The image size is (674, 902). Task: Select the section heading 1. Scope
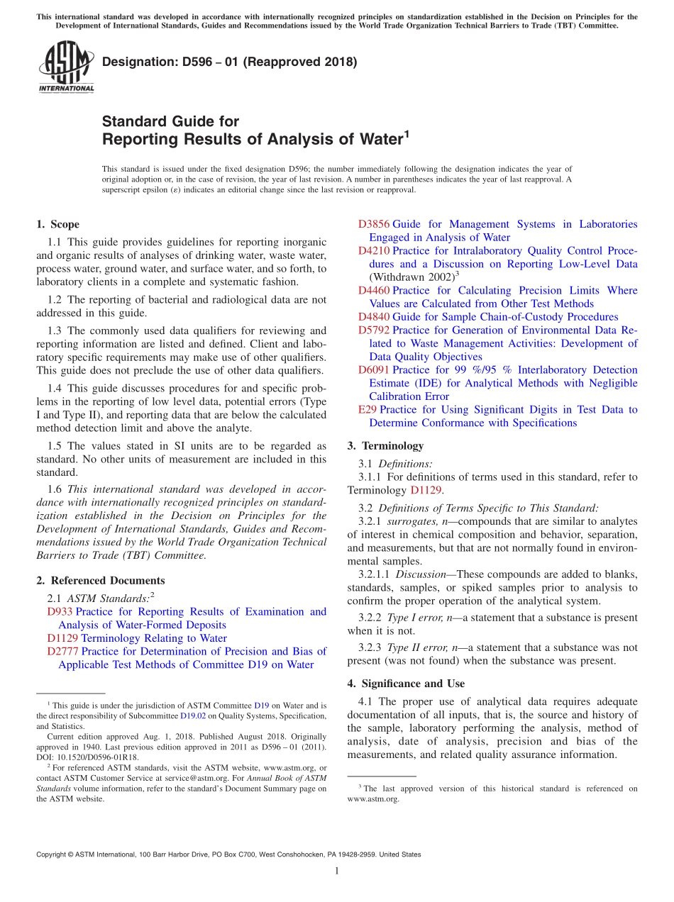point(57,224)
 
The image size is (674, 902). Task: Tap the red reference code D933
point(60,611)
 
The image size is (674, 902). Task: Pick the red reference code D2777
point(63,651)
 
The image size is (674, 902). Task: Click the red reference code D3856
point(373,224)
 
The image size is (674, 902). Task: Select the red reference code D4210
point(373,251)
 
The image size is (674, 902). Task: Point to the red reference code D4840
point(373,317)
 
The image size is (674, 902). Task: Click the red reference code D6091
point(373,369)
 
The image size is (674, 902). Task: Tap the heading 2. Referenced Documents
point(100,580)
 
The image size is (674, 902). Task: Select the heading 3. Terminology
point(385,446)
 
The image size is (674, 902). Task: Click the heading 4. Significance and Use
point(406,684)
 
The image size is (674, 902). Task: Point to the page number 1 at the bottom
point(336,872)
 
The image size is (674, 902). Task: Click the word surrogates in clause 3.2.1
point(409,521)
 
